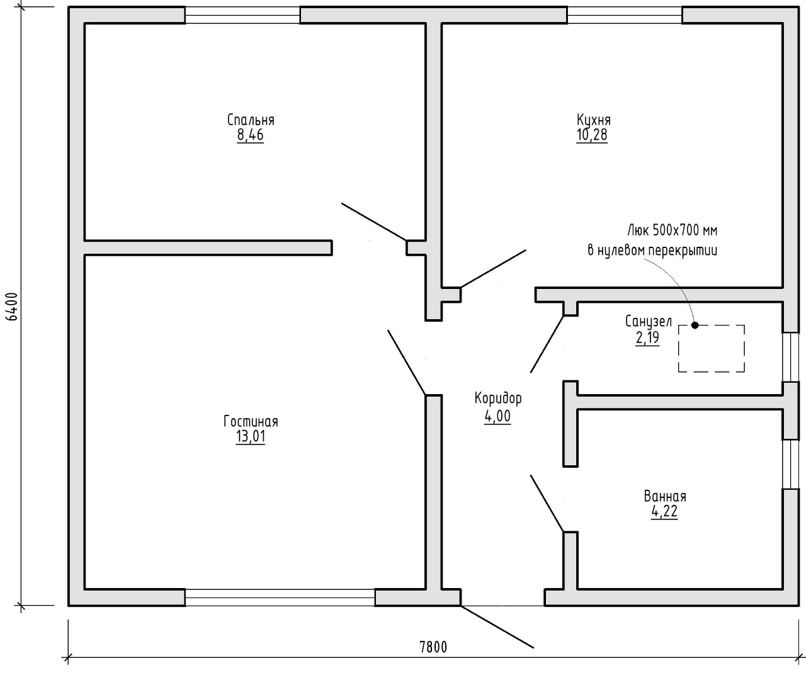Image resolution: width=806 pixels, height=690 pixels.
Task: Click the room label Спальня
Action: [x=251, y=120]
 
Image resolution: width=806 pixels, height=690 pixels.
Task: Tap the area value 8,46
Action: [x=251, y=135]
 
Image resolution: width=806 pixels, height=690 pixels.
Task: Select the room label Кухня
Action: [x=594, y=120]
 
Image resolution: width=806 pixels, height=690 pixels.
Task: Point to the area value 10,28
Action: [x=592, y=135]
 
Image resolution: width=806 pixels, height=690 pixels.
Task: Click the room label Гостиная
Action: [x=251, y=422]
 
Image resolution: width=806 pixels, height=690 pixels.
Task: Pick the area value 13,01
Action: [x=251, y=436]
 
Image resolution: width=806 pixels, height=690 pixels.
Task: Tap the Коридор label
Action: [x=498, y=399]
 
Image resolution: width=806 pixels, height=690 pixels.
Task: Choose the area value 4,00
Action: [x=497, y=416]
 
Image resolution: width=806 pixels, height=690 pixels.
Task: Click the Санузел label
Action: [x=649, y=322]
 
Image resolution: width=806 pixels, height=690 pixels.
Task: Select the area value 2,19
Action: [x=648, y=337]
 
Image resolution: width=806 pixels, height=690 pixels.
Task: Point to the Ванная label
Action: [x=665, y=497]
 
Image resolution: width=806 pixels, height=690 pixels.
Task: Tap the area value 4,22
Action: [x=664, y=511]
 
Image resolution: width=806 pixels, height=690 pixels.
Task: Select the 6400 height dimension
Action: [x=13, y=307]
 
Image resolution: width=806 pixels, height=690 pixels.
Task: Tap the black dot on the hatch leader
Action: [x=695, y=325]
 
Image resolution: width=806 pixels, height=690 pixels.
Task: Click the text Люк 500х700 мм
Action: [x=673, y=231]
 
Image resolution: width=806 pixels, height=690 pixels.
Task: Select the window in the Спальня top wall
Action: [x=242, y=15]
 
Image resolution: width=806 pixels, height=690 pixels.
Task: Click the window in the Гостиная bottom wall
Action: [x=280, y=597]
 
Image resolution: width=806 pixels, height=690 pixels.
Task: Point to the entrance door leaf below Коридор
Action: [x=497, y=627]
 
